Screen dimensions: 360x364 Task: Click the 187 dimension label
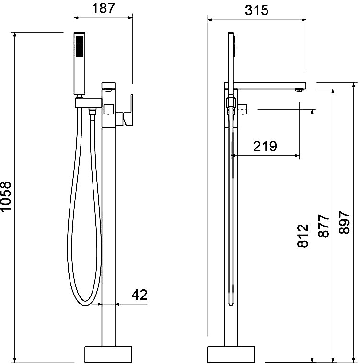pyautogui.click(x=103, y=9)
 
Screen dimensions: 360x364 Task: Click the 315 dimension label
pyautogui.click(x=256, y=11)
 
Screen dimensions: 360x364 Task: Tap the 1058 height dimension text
pyautogui.click(x=6, y=196)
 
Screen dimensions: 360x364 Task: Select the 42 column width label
pyautogui.click(x=139, y=295)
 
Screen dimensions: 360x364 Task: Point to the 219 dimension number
pyautogui.click(x=265, y=146)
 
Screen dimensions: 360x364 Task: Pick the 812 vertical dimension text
pyautogui.click(x=303, y=236)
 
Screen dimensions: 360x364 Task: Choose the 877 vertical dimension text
pyautogui.click(x=324, y=226)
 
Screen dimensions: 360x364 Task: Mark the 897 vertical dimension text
pyautogui.click(x=345, y=222)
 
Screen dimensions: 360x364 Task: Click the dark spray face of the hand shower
pyautogui.click(x=80, y=45)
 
